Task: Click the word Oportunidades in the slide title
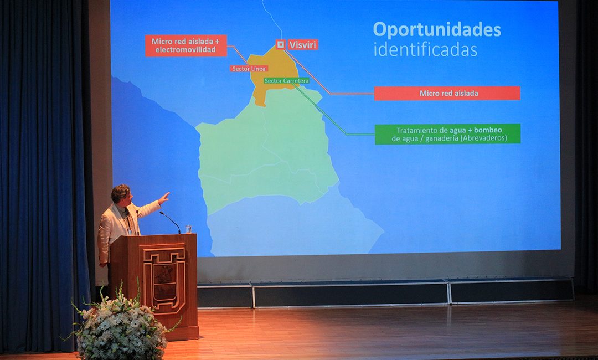click(x=437, y=30)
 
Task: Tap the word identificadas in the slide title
click(x=425, y=50)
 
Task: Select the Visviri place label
click(x=302, y=45)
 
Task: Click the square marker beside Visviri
click(x=280, y=45)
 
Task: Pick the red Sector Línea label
click(x=249, y=69)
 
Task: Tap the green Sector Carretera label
click(x=286, y=81)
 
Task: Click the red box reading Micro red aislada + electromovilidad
click(x=185, y=46)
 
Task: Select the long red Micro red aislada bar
click(x=447, y=94)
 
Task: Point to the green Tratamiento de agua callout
click(x=448, y=134)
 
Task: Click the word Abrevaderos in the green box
click(x=483, y=138)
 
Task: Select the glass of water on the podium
click(x=188, y=229)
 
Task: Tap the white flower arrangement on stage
click(x=120, y=324)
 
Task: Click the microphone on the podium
click(x=170, y=222)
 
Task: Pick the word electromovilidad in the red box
click(x=185, y=50)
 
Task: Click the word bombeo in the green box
click(x=488, y=130)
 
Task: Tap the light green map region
click(x=267, y=152)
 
